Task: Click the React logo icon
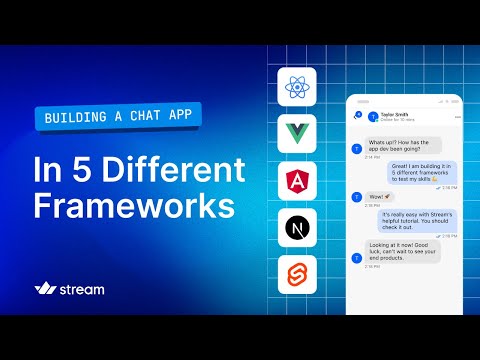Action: (x=297, y=88)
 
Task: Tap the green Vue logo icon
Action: (x=297, y=134)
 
